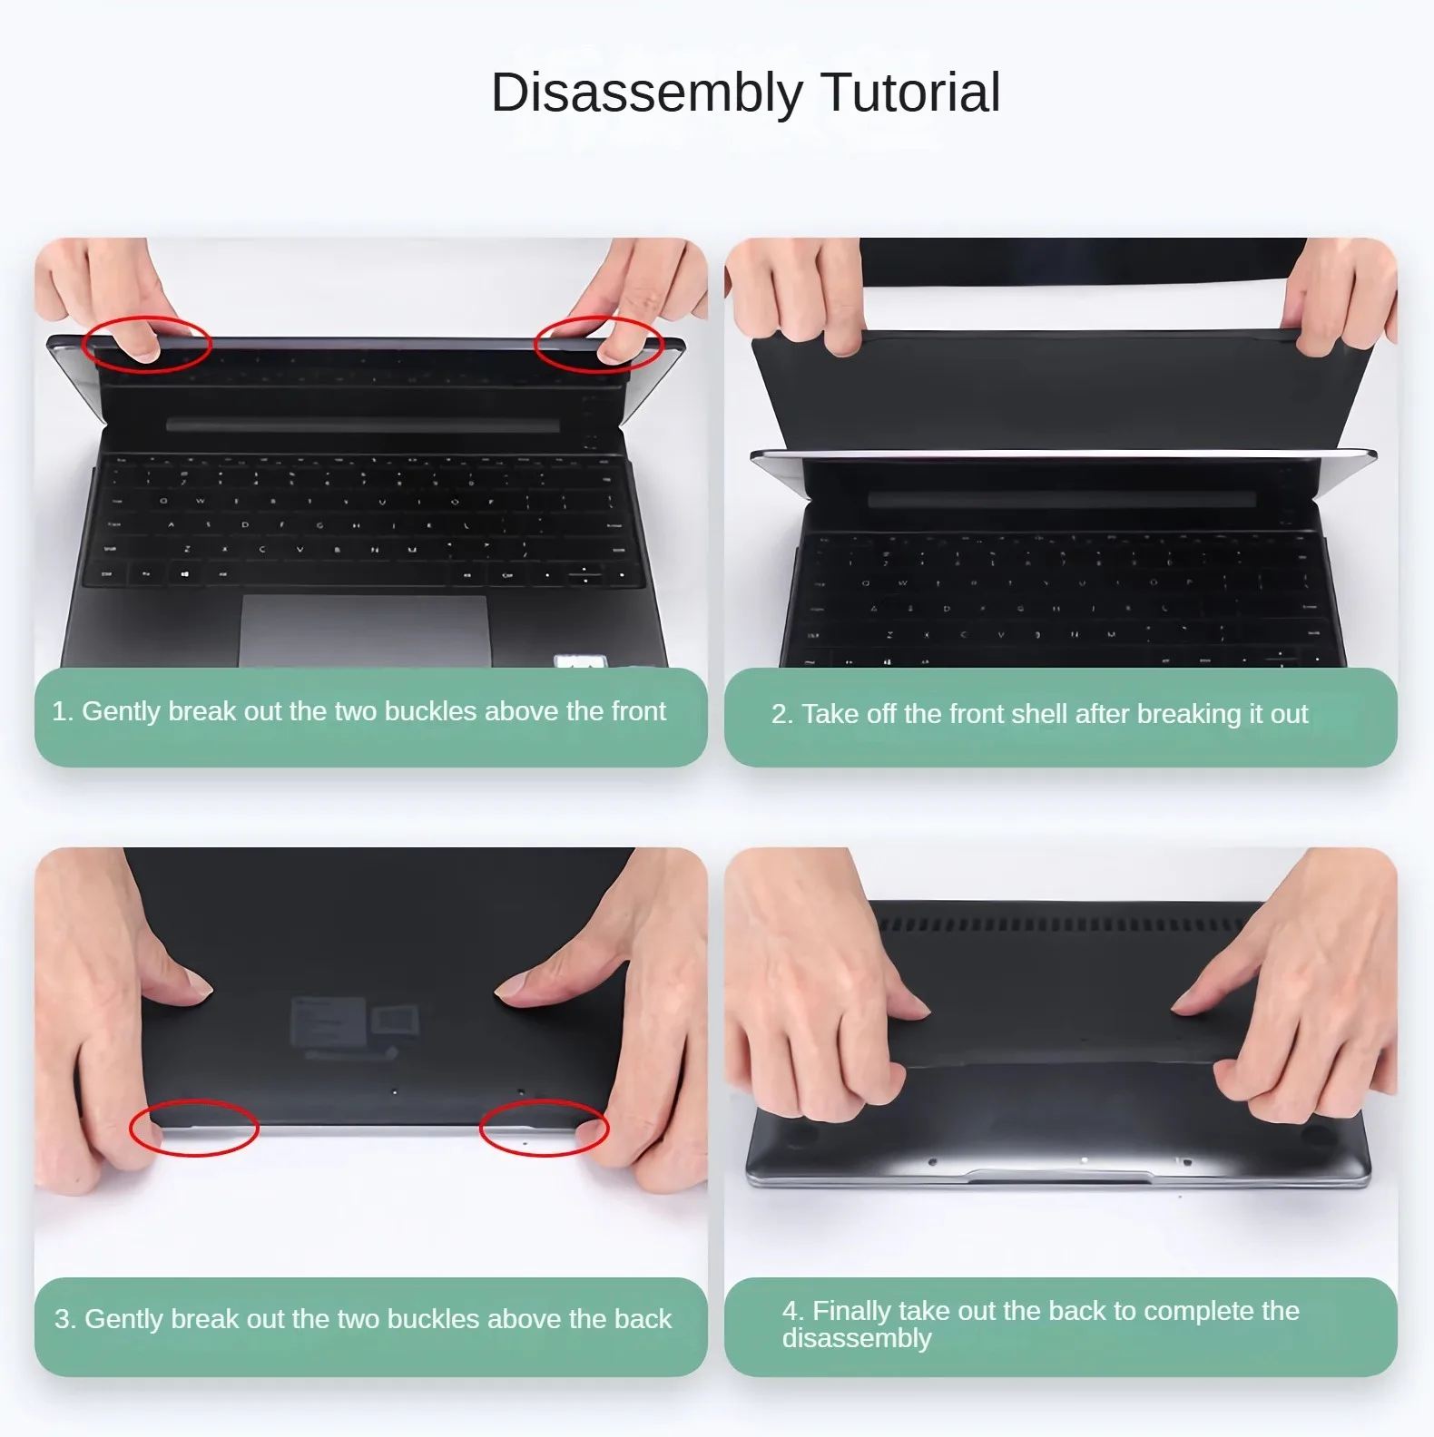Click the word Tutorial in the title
[910, 93]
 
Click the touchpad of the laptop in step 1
[365, 631]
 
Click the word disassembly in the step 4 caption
[857, 1339]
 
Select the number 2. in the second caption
[782, 714]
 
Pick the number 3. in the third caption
[65, 1318]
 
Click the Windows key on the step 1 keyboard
[185, 574]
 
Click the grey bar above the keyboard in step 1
[363, 425]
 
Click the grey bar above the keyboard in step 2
[1062, 500]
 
